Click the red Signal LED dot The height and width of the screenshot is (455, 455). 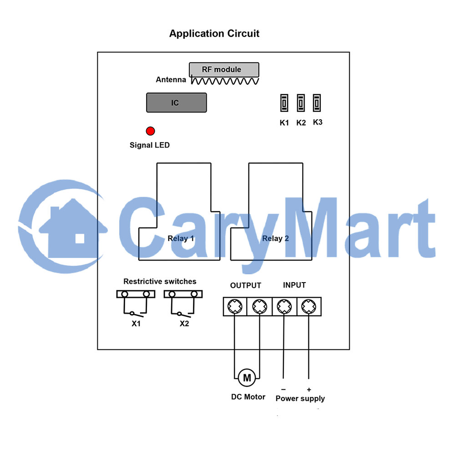(x=150, y=131)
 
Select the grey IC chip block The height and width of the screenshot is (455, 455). (x=177, y=103)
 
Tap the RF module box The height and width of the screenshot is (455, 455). (x=224, y=70)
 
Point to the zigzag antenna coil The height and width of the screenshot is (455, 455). (x=225, y=81)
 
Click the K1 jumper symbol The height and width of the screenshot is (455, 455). (x=284, y=103)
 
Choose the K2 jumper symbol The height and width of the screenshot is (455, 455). (x=301, y=103)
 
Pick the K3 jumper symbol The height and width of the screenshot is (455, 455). (x=317, y=103)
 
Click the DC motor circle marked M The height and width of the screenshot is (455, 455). (x=247, y=378)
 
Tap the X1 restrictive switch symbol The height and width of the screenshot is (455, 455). (x=136, y=303)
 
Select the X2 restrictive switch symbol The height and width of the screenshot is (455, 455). (x=183, y=303)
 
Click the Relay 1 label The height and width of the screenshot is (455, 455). (x=181, y=238)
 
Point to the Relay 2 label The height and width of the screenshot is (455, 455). (x=275, y=238)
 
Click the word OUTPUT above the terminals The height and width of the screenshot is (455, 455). (x=246, y=286)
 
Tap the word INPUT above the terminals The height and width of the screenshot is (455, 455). (x=294, y=285)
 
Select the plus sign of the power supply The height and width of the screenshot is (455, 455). (x=309, y=390)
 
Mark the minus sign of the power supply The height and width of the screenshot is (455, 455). (x=283, y=389)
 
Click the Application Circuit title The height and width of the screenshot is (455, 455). (x=214, y=34)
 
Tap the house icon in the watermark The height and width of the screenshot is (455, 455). (x=73, y=228)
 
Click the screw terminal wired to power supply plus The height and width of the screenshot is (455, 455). (x=309, y=306)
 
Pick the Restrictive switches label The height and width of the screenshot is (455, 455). (x=160, y=282)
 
